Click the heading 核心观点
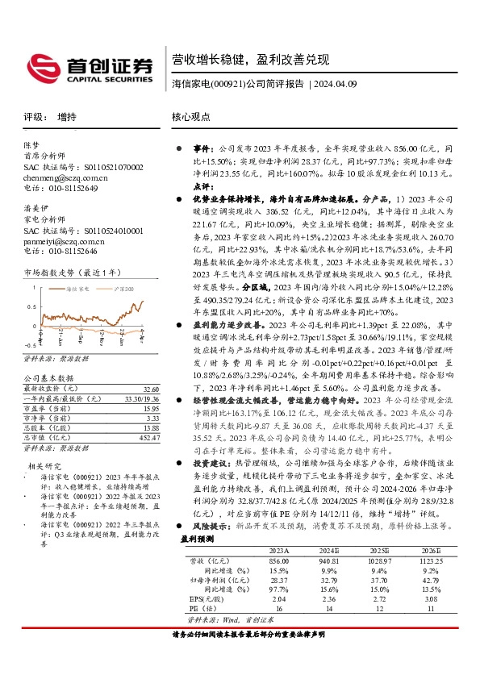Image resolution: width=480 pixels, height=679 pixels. [x=190, y=117]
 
